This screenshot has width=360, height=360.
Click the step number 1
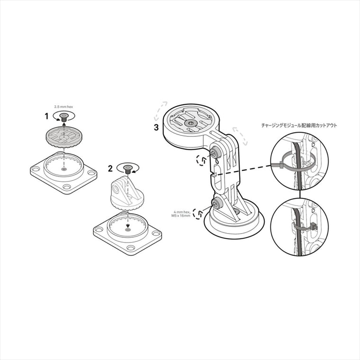click(x=46, y=117)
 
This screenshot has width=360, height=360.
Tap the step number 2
click(x=110, y=169)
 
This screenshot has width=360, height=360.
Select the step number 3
click(x=156, y=127)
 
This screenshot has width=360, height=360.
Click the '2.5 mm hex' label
click(x=63, y=107)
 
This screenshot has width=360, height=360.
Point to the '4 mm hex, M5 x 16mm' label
click(x=180, y=214)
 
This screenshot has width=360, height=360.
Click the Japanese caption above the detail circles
click(x=299, y=126)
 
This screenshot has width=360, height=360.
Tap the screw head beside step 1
click(x=63, y=117)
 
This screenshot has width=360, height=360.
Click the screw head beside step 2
click(x=127, y=169)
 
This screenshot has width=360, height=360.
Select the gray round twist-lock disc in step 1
click(x=64, y=137)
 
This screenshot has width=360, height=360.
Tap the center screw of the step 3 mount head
click(x=190, y=123)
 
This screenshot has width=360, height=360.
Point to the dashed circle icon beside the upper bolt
click(x=201, y=160)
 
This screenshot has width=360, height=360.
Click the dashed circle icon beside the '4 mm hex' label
click(x=198, y=214)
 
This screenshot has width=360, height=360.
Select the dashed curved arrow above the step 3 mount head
click(x=160, y=111)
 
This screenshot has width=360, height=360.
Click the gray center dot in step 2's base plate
click(x=128, y=230)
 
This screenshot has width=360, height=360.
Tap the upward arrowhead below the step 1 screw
click(x=64, y=124)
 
